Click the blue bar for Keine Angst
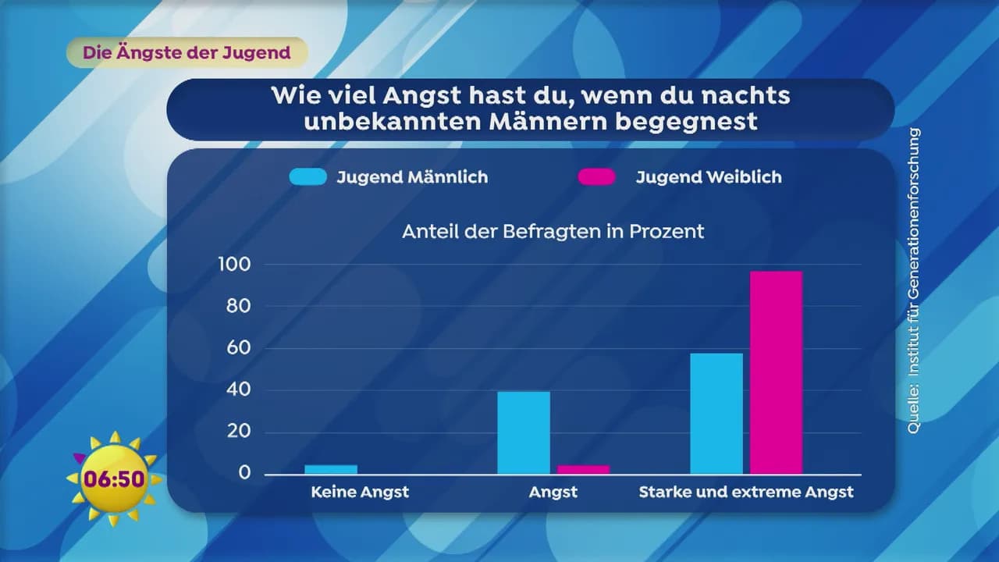331,469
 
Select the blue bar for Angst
524,432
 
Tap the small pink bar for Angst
583,469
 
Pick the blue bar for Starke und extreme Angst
716,414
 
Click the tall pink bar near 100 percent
776,372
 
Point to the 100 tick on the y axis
234,265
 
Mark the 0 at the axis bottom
245,473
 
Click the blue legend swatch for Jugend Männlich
308,177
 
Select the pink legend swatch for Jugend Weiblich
597,177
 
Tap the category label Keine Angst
360,492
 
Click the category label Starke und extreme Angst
746,492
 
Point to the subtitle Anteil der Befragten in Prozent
553,232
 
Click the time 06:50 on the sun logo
116,478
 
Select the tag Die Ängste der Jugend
187,53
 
